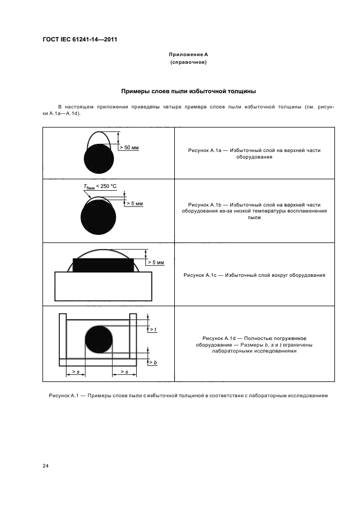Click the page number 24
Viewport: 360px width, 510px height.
coord(46,466)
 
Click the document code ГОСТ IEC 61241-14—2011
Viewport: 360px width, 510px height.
coord(80,40)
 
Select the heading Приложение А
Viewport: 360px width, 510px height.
coord(188,54)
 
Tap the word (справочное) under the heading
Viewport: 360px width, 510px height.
coord(188,62)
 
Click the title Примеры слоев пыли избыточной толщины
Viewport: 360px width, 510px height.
coord(188,92)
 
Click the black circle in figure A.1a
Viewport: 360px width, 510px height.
coord(99,159)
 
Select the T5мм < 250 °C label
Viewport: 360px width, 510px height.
coord(100,186)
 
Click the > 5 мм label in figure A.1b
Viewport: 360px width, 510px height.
coord(135,204)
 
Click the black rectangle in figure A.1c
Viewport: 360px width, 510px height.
coord(103,265)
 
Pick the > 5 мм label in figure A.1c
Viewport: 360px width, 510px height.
coord(156,263)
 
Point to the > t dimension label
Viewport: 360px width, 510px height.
coord(154,330)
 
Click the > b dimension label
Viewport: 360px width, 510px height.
coord(154,362)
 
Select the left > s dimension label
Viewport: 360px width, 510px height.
coord(76,372)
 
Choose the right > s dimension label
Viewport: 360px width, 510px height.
coord(124,372)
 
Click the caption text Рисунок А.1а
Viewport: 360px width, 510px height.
coord(205,150)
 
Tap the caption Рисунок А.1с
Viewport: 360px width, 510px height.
coord(200,275)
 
